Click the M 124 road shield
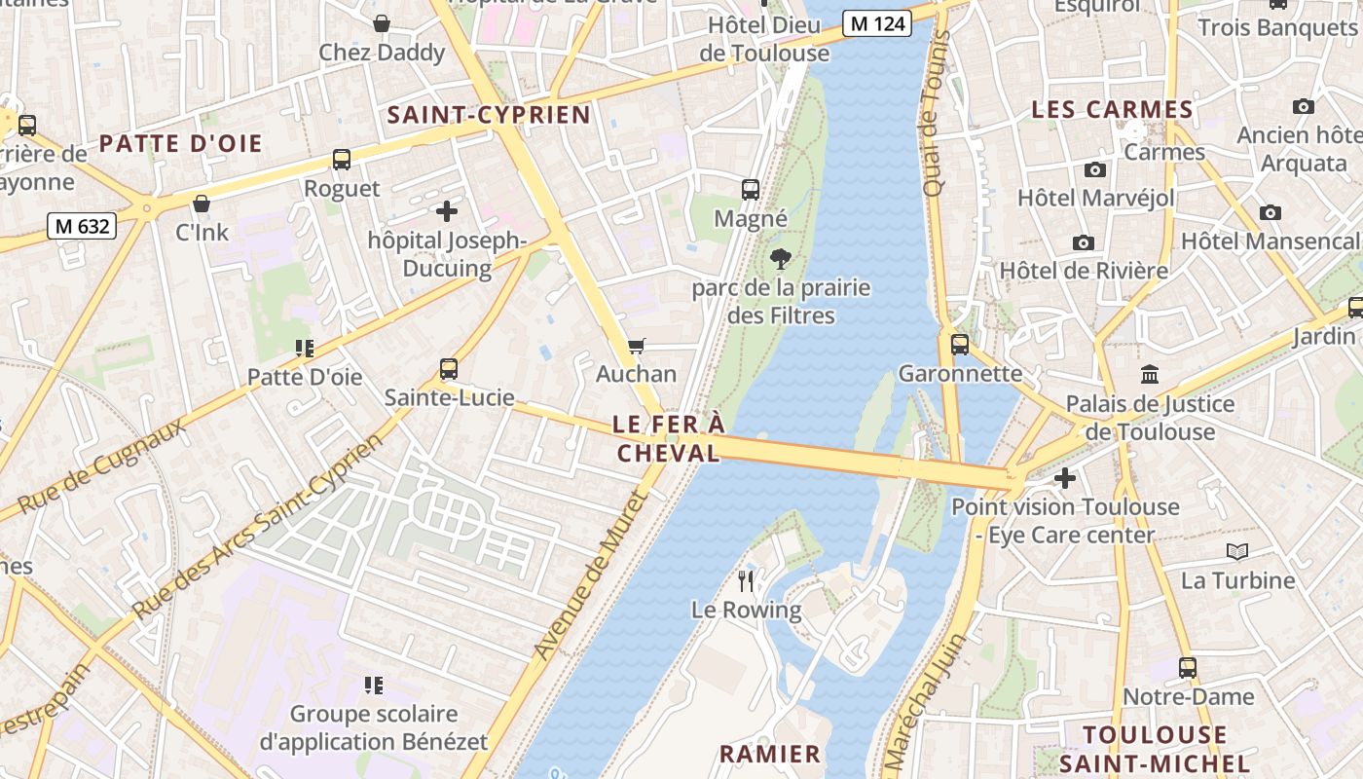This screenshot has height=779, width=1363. point(876,23)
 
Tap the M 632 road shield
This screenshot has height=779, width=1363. point(83,226)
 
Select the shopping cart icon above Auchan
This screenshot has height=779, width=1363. point(637,346)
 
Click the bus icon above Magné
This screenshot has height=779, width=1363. point(751,190)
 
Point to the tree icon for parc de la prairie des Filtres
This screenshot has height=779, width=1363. point(780,259)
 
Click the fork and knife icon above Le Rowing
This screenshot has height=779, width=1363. point(747,581)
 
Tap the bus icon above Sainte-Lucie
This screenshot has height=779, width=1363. point(449,369)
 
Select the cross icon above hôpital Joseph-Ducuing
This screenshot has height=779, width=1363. point(446,210)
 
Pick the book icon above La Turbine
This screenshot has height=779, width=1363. point(1237,552)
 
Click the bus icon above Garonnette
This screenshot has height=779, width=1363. point(960,344)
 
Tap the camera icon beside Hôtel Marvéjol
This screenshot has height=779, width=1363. point(1095,169)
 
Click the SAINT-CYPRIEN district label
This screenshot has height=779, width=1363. point(489,115)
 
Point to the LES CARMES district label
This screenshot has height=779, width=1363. point(1112,110)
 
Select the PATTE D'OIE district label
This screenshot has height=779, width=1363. point(181,144)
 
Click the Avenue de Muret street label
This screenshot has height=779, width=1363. point(591,575)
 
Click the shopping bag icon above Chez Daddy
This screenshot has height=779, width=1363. point(382,23)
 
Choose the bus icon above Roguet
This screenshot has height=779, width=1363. point(342,160)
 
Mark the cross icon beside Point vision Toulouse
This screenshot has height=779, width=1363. point(1065,478)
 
